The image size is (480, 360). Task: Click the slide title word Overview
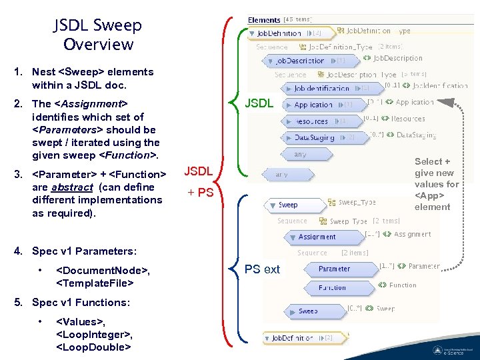[x=98, y=45]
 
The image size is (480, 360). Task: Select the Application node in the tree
[x=313, y=105]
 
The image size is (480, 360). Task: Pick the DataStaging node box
[x=314, y=137]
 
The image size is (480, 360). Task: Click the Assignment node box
[x=317, y=237]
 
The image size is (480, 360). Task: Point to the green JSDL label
[x=259, y=104]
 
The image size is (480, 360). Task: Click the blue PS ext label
[x=262, y=269]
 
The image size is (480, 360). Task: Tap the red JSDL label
[x=199, y=171]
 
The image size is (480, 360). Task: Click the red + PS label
[x=200, y=193]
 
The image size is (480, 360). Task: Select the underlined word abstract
[x=73, y=187]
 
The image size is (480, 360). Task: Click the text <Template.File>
[x=96, y=283]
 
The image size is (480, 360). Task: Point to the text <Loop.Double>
[x=93, y=347]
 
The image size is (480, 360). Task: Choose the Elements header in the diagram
[x=264, y=20]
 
